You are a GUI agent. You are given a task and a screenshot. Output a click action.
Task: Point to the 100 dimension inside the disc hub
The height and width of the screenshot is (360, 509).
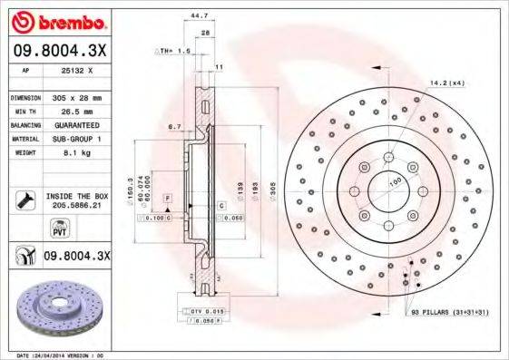[396, 182]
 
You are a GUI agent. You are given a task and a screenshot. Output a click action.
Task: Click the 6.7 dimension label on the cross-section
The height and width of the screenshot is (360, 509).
[175, 128]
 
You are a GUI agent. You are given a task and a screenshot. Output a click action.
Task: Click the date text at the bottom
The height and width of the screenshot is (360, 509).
[64, 355]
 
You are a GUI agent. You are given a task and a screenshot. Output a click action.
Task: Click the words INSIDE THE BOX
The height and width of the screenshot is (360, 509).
[76, 195]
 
